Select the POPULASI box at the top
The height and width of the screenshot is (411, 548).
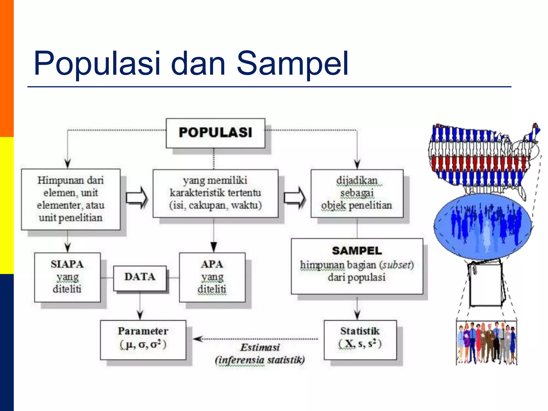point(215,133)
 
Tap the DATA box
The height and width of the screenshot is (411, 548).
point(140,277)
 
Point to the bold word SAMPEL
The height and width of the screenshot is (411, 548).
point(357,251)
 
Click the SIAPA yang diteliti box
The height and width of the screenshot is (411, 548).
point(67,277)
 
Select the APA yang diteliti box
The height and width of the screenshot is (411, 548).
point(212,277)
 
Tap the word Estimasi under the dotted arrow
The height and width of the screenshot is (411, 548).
point(260,348)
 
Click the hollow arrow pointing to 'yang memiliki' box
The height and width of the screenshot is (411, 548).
point(136,198)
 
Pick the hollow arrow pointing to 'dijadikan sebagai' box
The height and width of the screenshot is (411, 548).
point(294,198)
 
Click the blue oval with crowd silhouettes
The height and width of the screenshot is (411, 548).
point(482,226)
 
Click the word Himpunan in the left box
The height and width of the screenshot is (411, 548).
point(57,180)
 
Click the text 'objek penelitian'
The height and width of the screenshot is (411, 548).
point(356,205)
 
